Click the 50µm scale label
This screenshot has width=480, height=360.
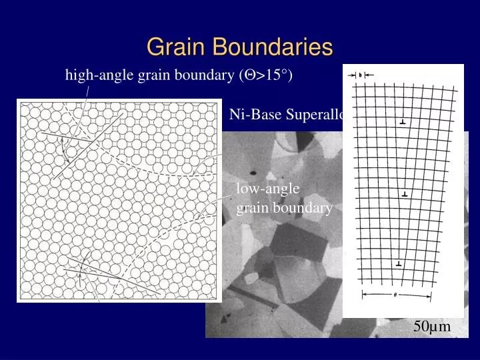(x=432, y=327)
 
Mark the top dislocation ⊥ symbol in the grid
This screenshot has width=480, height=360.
(x=401, y=123)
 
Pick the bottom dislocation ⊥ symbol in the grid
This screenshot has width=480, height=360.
(x=399, y=265)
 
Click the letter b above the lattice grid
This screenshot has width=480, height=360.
(x=360, y=75)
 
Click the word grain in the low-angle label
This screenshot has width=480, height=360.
(x=251, y=208)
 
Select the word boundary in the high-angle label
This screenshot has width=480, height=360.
(x=203, y=76)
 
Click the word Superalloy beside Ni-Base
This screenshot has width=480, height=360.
(x=316, y=115)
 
